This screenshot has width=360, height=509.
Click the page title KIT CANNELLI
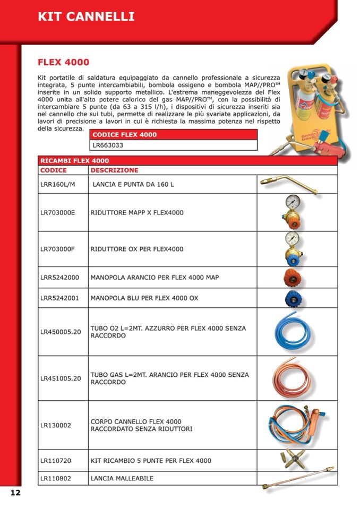click(85, 16)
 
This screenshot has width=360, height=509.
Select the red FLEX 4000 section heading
click(63, 63)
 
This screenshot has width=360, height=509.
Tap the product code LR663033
click(109, 144)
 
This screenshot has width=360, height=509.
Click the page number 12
click(15, 493)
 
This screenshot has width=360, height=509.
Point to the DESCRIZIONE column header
click(114, 170)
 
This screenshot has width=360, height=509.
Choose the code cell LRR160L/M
click(58, 184)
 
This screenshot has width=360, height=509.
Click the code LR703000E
click(58, 212)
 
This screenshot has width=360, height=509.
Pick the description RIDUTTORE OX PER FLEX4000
click(137, 249)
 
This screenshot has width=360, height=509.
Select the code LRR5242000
click(59, 277)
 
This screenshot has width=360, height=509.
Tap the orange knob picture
click(292, 277)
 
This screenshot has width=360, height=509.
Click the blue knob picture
click(292, 298)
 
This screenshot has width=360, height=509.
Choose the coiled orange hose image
click(292, 377)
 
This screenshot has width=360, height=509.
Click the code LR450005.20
click(61, 332)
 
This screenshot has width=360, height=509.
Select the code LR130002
click(56, 425)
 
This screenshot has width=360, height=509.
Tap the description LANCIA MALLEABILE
click(122, 478)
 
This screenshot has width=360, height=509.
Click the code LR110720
click(56, 461)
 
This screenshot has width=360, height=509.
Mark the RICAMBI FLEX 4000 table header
click(74, 161)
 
